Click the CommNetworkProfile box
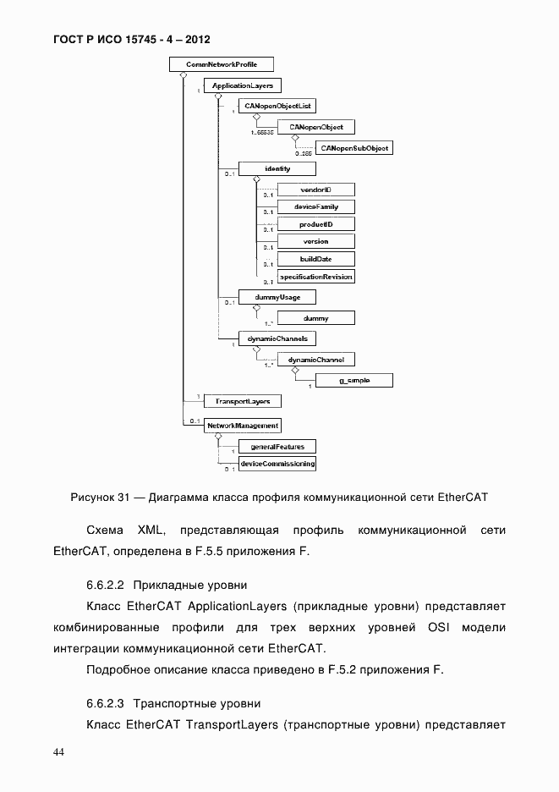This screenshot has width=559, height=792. [222, 63]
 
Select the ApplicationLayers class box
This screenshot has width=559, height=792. [243, 85]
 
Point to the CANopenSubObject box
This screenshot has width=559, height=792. [354, 147]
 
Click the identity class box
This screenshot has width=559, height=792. [277, 168]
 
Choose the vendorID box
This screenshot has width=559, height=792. [315, 190]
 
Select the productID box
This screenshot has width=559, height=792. [315, 224]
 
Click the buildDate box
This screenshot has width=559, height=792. [315, 259]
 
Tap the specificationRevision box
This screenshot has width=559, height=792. [315, 276]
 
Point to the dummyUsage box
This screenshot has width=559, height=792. [265, 297]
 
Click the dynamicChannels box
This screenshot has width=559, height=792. [265, 338]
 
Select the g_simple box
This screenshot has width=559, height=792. [354, 381]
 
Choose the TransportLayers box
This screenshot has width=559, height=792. [243, 400]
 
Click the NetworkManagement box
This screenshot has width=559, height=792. [243, 426]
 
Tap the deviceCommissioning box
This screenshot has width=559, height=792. [277, 464]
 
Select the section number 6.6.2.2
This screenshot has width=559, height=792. [106, 585]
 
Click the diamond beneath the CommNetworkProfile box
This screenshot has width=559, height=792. [184, 75]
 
